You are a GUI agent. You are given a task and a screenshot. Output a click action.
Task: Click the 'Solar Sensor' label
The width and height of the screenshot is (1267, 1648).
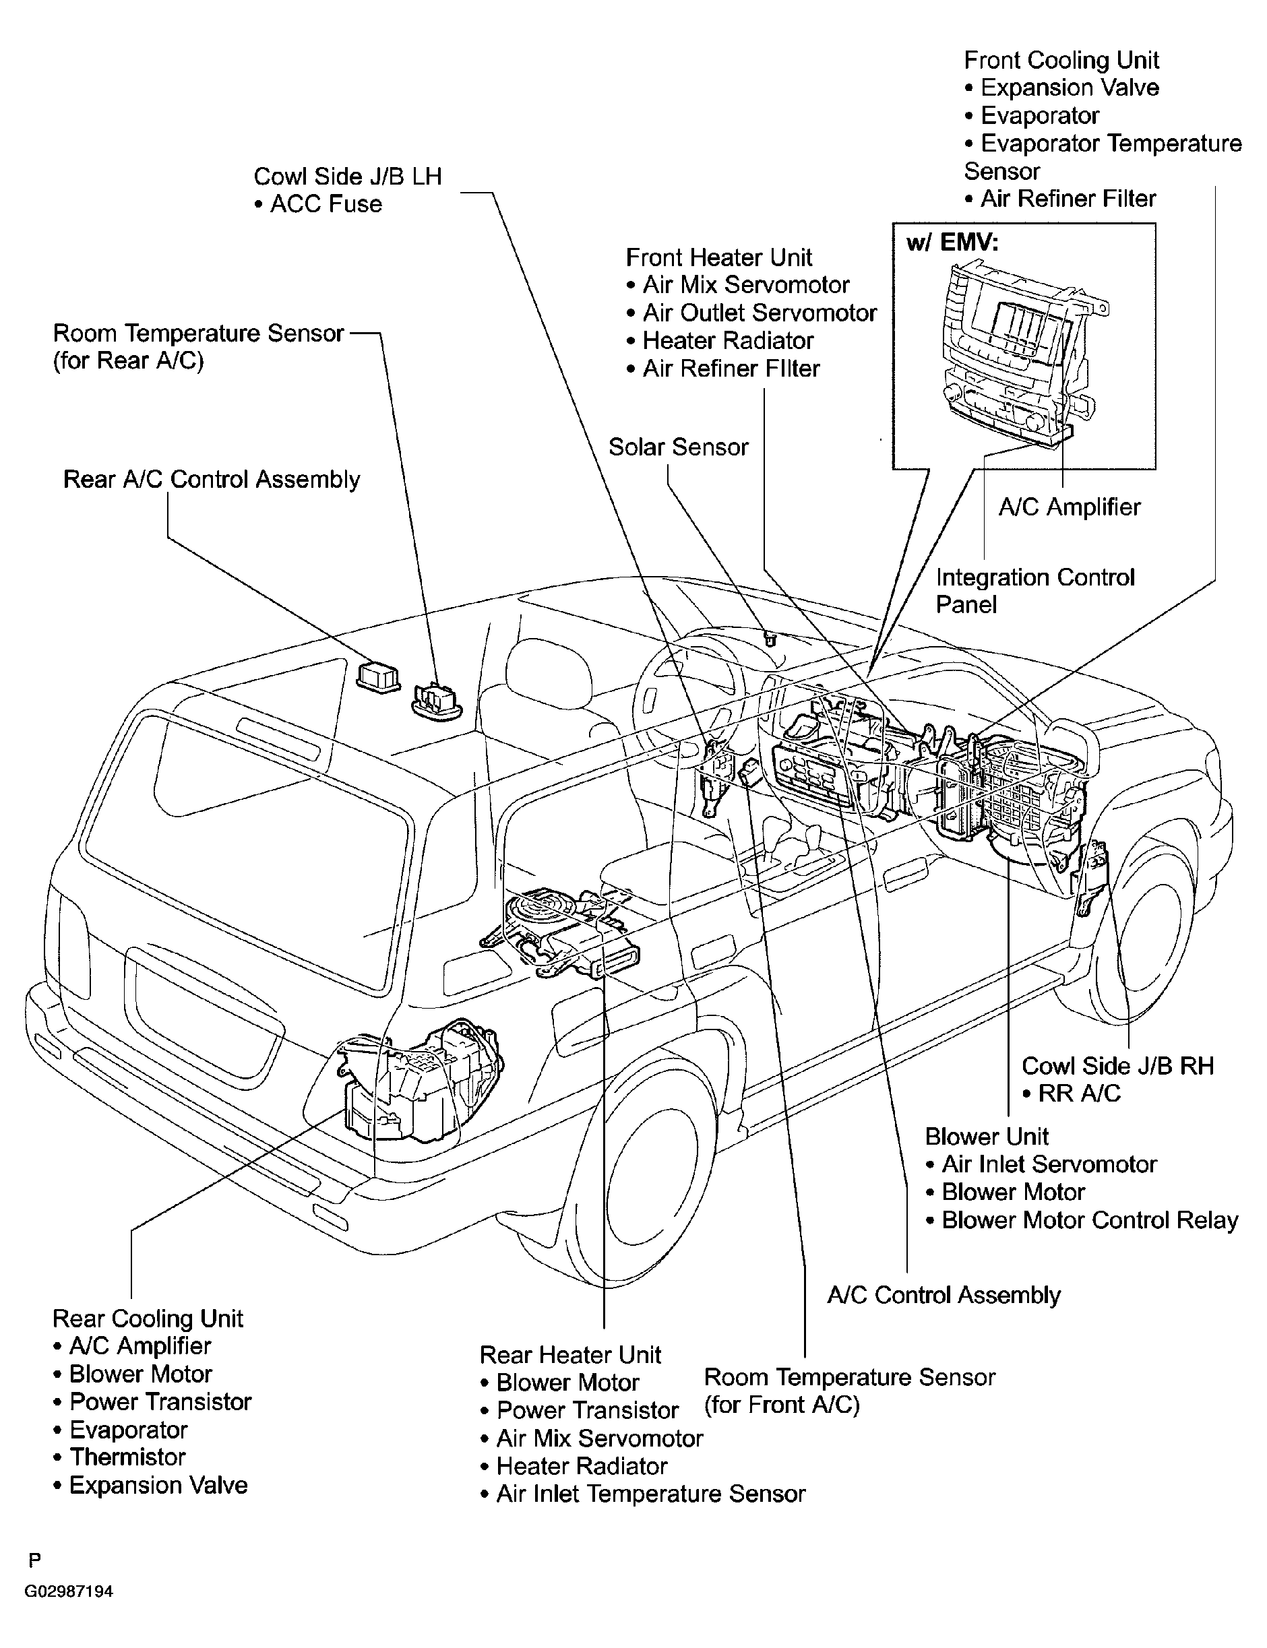(678, 447)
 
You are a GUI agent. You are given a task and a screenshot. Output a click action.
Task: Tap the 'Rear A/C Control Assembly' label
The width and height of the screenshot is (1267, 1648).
(212, 480)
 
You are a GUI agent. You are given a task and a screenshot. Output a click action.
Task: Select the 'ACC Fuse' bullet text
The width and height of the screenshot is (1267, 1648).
(318, 203)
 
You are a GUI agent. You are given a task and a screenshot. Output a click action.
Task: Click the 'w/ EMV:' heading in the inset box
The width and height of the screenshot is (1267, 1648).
(952, 243)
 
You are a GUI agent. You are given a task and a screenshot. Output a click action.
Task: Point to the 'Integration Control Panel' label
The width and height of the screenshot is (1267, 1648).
(1034, 591)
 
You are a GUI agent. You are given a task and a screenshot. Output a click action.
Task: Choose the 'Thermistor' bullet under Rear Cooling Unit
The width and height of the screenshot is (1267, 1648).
(120, 1457)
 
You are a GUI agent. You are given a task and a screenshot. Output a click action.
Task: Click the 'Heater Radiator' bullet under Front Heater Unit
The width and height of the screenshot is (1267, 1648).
(720, 341)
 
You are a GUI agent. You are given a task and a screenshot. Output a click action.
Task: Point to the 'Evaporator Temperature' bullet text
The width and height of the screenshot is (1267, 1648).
(1103, 144)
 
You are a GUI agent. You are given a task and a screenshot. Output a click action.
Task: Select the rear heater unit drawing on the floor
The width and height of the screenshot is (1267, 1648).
(562, 932)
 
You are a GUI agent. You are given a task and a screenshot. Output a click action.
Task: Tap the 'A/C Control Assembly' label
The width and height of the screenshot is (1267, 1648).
(944, 1295)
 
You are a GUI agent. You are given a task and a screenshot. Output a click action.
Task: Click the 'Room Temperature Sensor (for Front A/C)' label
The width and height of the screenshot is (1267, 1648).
(849, 1391)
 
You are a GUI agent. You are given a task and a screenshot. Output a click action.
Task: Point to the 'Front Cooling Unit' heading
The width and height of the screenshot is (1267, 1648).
(1061, 61)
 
